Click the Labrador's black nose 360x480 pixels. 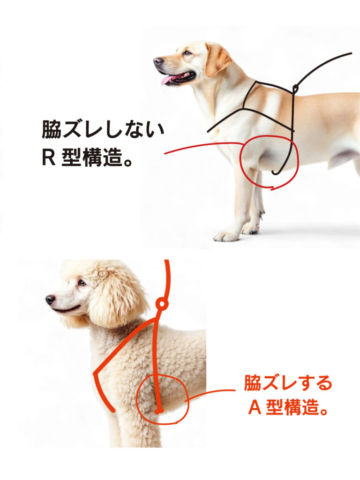tap(158, 61)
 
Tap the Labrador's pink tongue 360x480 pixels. tap(168, 80)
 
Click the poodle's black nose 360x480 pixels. tap(50, 300)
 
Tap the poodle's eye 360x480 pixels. tap(82, 283)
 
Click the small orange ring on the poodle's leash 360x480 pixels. tap(161, 304)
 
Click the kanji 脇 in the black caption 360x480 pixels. tap(52, 129)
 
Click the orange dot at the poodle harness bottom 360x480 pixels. tap(159, 411)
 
